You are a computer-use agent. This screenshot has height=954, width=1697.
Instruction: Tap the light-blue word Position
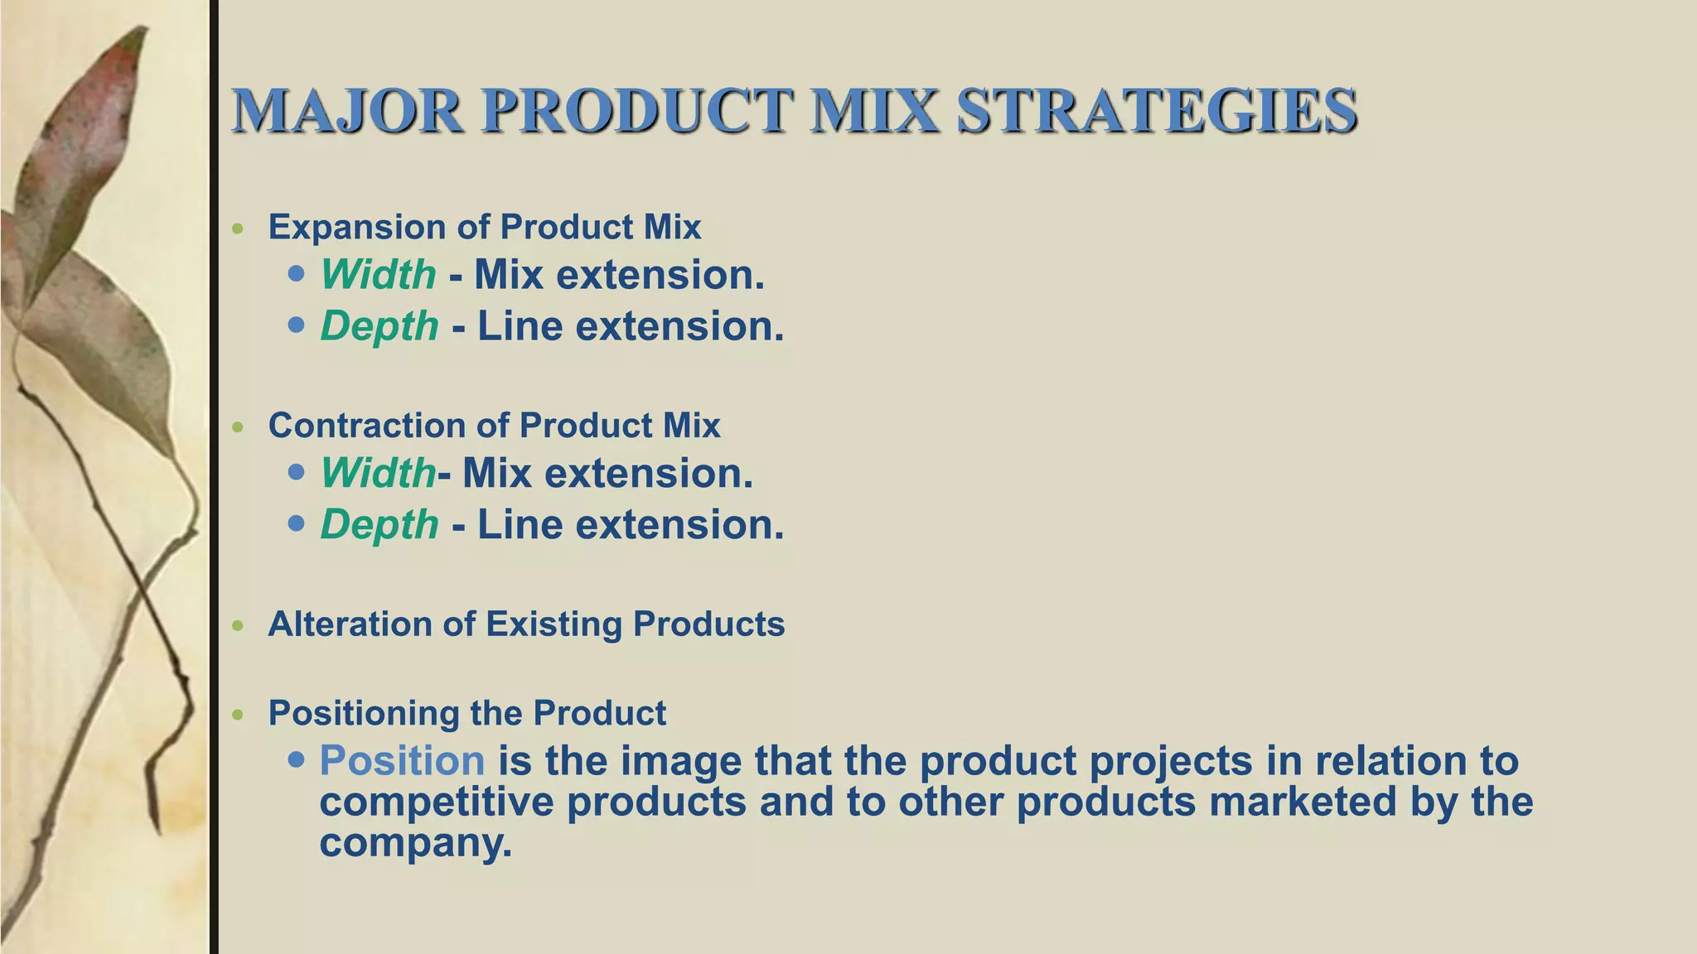pos(402,760)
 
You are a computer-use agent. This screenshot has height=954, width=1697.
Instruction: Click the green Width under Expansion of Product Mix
pos(378,275)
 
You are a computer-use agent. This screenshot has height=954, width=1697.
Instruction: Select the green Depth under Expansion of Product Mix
pos(379,326)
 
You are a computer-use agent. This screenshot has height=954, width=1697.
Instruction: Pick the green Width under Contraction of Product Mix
pos(378,474)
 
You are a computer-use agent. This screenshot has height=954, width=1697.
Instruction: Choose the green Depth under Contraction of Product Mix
pos(379,525)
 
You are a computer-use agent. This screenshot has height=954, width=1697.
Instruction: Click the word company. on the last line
pos(415,843)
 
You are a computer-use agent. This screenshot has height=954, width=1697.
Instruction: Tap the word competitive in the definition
pos(436,802)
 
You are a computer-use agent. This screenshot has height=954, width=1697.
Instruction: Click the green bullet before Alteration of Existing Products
pos(239,626)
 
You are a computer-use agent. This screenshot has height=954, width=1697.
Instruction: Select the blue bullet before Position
pos(297,759)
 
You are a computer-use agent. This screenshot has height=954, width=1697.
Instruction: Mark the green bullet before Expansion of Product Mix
pos(239,229)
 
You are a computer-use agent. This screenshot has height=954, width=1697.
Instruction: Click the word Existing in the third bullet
pos(553,624)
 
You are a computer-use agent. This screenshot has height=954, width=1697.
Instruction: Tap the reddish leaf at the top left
pos(91,124)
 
